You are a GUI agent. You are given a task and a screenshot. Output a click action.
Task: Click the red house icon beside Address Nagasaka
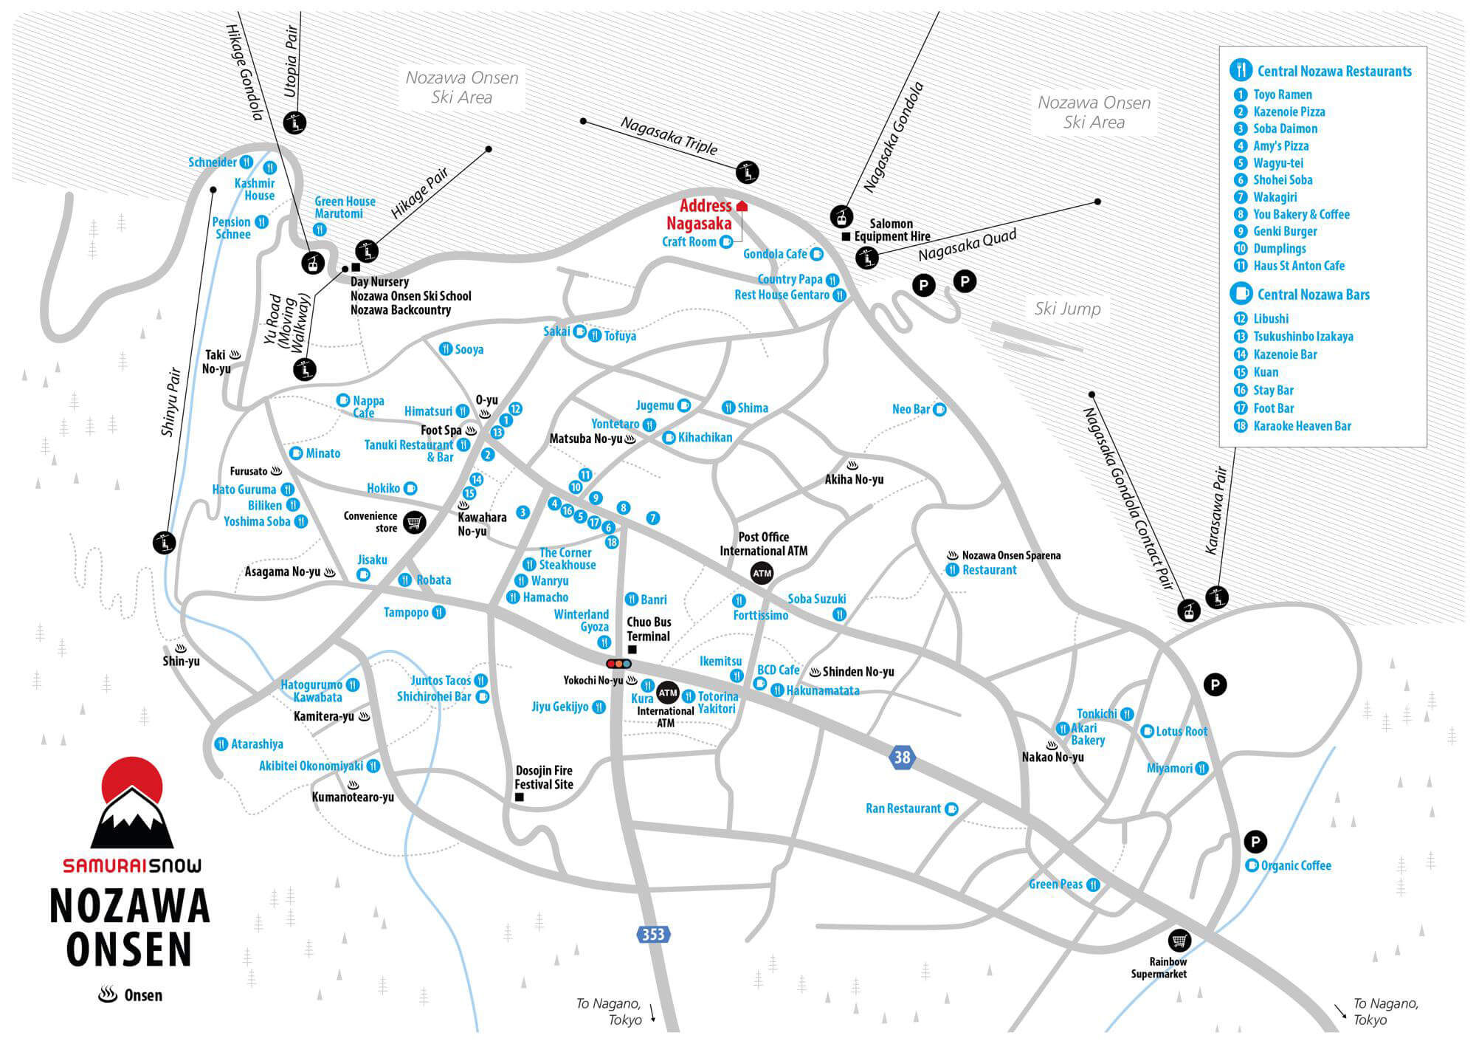pos(742,206)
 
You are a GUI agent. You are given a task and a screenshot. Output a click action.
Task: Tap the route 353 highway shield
pos(652,935)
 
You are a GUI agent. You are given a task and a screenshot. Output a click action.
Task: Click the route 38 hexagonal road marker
pos(902,757)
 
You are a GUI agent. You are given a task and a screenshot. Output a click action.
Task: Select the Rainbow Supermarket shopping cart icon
pos(1179,941)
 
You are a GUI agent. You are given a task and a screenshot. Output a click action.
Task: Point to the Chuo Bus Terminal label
pos(649,629)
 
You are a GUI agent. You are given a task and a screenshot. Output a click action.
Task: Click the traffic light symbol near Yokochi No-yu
pos(618,664)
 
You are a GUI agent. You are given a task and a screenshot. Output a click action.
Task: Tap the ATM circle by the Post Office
pos(762,573)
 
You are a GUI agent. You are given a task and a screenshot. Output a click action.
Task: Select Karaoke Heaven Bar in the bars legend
pos(1302,426)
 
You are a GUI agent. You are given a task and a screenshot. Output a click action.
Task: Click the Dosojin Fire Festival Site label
pos(543,777)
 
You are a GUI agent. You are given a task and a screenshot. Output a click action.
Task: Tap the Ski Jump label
pos(1067,309)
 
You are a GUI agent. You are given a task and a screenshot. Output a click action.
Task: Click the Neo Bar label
pos(911,409)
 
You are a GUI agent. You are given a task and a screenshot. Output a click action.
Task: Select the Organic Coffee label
pos(1296,865)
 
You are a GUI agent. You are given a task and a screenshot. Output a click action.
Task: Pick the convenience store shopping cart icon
pos(415,522)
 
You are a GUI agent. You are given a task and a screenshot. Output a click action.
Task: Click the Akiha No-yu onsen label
pos(854,479)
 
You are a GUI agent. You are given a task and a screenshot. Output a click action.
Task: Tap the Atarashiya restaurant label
pos(257,744)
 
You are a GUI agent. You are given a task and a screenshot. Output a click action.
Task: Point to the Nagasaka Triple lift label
pos(669,136)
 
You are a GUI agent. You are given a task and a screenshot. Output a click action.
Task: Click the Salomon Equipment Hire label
pos(892,230)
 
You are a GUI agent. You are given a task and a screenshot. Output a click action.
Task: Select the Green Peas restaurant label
pos(1055,884)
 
